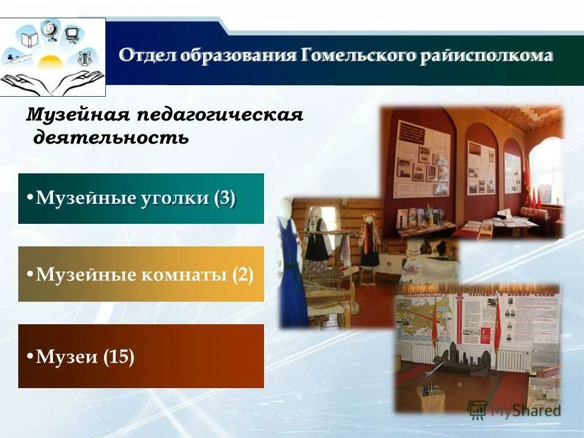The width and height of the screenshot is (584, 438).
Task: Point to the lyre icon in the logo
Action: point(85,59)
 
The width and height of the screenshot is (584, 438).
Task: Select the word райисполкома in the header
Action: point(485,56)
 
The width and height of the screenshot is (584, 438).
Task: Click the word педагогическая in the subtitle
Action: point(220,114)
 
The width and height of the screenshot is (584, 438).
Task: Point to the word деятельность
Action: point(111,137)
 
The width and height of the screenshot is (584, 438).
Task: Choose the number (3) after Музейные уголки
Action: point(224,198)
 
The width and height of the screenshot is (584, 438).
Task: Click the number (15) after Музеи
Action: point(119,356)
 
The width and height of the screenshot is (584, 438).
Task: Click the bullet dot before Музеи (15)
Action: point(29,356)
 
